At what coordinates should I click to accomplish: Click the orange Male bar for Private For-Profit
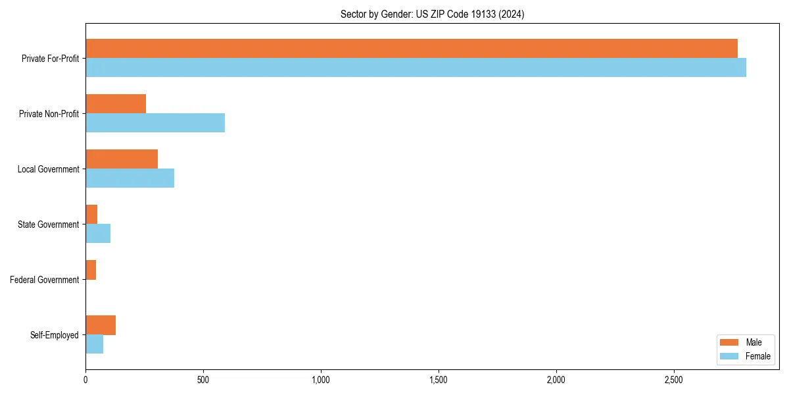(411, 49)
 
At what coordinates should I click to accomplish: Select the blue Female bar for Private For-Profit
(416, 68)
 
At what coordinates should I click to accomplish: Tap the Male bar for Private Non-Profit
(116, 104)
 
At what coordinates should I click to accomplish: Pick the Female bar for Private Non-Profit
(155, 123)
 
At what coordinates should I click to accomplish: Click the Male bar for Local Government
(122, 159)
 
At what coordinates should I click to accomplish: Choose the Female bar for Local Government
(130, 178)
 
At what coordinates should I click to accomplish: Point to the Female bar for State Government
(98, 234)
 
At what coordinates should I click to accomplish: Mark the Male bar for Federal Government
(91, 270)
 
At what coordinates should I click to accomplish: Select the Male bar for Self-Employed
(101, 325)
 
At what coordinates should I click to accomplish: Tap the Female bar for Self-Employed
(94, 344)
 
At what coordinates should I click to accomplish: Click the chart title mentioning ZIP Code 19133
(432, 14)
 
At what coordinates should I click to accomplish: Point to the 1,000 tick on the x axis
(321, 381)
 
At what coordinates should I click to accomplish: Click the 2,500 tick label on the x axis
(673, 381)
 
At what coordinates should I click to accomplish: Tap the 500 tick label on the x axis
(203, 381)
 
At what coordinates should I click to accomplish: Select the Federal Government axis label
(45, 280)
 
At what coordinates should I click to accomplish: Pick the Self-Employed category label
(55, 335)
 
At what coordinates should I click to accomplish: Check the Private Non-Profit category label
(49, 114)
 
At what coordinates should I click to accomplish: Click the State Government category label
(49, 224)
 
